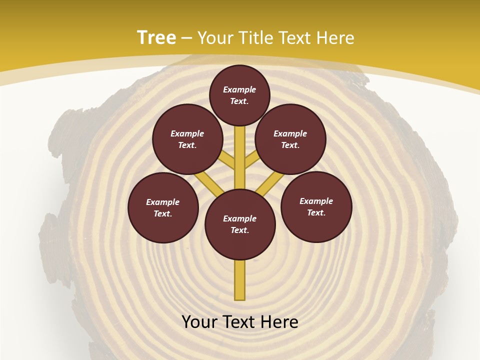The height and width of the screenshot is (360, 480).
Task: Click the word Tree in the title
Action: click(156, 37)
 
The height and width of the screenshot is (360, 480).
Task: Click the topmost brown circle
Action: click(239, 95)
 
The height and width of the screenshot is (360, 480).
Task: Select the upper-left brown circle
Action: click(187, 139)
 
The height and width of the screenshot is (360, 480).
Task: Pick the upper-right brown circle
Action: click(290, 139)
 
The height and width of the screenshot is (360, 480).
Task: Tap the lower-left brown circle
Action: click(163, 207)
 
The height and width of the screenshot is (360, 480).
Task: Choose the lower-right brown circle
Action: click(316, 206)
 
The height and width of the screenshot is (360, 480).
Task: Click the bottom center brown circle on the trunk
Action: click(240, 224)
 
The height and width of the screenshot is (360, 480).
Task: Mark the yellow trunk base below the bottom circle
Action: click(240, 280)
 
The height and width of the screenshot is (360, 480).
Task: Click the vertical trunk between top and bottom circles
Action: click(240, 157)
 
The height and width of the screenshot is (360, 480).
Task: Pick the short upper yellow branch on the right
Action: click(251, 160)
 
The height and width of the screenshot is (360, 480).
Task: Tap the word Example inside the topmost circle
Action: click(239, 89)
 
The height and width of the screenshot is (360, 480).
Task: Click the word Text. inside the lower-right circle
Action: click(316, 212)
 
